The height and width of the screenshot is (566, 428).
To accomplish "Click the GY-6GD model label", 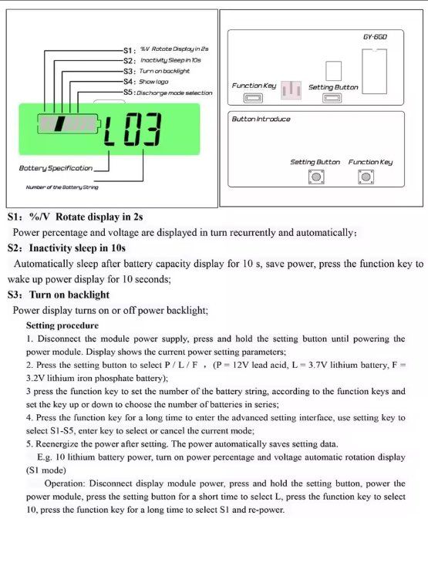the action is pyautogui.click(x=375, y=37).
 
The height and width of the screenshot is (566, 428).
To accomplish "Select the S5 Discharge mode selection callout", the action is pyautogui.click(x=167, y=93).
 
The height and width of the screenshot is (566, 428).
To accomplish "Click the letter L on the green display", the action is pyautogui.click(x=110, y=129).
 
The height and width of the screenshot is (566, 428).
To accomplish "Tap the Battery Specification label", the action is pyautogui.click(x=56, y=168).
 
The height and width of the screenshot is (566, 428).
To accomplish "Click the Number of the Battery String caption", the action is pyautogui.click(x=62, y=187).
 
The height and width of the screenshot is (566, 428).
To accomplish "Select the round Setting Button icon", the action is pyautogui.click(x=316, y=177).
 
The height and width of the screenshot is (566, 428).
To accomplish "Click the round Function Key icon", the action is pyautogui.click(x=366, y=177).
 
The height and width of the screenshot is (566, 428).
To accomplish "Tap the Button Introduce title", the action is pyautogui.click(x=261, y=119).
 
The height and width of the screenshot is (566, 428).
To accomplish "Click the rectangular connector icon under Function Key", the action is pyautogui.click(x=253, y=98).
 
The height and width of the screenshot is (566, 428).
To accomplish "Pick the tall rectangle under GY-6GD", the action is pyautogui.click(x=375, y=72).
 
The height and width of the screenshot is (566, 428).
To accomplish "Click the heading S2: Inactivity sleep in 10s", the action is pyautogui.click(x=66, y=248).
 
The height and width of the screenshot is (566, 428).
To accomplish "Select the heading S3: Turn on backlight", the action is pyautogui.click(x=58, y=295).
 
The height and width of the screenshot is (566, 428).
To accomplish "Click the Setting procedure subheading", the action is pyautogui.click(x=62, y=325).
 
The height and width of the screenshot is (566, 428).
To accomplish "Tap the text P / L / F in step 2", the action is pyautogui.click(x=181, y=365).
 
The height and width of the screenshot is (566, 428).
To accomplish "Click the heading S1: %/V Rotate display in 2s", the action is pyautogui.click(x=75, y=217).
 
